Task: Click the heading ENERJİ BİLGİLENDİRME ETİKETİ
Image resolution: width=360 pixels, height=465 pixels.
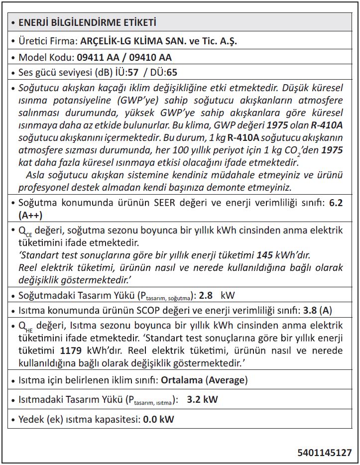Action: click(87, 22)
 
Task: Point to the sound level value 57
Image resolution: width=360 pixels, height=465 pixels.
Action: click(133, 72)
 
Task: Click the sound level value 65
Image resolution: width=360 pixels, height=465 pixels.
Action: click(171, 72)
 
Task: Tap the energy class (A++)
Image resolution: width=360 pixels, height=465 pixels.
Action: click(30, 215)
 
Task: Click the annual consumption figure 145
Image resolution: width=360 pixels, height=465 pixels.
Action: click(264, 255)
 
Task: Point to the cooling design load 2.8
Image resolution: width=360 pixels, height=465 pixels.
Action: click(206, 295)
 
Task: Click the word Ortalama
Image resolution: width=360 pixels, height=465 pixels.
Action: click(181, 380)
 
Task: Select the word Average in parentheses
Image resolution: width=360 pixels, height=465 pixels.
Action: click(227, 380)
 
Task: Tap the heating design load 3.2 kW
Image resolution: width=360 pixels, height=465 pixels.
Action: click(202, 399)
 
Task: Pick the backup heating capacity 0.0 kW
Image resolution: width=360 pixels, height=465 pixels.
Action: click(158, 419)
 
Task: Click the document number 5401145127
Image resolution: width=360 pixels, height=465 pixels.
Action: click(325, 453)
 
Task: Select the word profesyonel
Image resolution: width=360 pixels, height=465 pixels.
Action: click(45, 187)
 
